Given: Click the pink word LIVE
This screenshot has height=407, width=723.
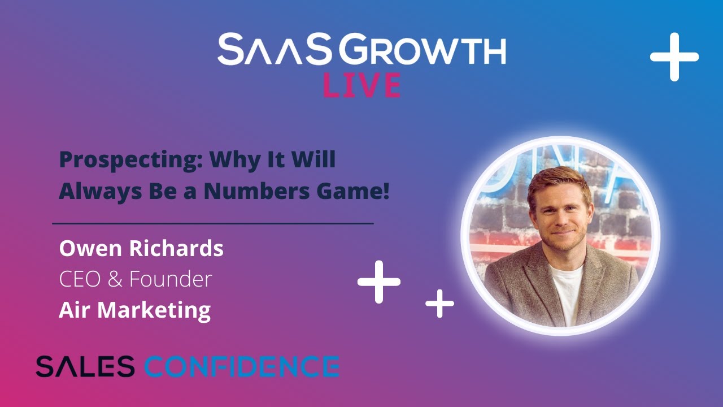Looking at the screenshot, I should click(361, 85).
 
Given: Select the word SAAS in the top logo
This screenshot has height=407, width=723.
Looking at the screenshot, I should click(275, 50).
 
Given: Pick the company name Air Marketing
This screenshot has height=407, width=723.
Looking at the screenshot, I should click(134, 310).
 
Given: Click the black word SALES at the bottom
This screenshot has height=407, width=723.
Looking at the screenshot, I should click(85, 366).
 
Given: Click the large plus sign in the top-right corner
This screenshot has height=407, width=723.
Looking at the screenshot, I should click(674, 57).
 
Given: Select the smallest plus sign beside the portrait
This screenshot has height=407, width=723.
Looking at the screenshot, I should click(439, 304).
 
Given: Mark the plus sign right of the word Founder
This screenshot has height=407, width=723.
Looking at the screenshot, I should click(379, 281).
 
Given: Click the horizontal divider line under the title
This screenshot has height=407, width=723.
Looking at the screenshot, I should click(213, 224).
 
